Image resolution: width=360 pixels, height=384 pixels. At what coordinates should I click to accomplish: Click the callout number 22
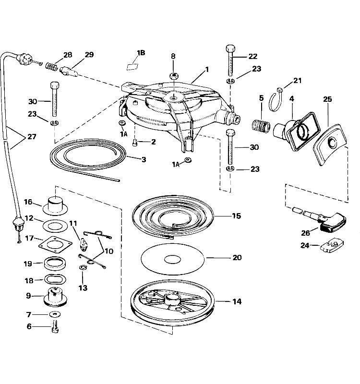click(253, 56)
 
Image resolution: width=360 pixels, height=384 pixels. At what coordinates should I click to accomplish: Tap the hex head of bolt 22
click(230, 48)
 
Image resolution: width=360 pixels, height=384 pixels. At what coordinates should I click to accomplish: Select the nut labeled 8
click(174, 75)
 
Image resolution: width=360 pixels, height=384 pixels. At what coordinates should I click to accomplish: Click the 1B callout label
click(141, 53)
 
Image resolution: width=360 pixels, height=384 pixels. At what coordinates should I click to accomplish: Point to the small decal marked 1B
click(132, 67)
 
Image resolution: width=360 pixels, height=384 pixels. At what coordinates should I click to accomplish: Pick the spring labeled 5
click(261, 125)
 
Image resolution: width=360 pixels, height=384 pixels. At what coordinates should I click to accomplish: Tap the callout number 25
click(327, 99)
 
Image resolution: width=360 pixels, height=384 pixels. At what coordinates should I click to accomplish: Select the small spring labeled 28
click(52, 66)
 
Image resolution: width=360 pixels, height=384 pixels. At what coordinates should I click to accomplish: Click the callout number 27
click(32, 136)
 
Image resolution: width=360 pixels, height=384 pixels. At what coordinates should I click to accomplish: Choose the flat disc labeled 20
click(173, 259)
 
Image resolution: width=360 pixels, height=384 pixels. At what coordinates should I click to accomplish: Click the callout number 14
click(237, 301)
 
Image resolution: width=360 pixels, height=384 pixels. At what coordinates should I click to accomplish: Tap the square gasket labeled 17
click(55, 244)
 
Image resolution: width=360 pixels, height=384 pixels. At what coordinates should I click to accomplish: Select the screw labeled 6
click(55, 327)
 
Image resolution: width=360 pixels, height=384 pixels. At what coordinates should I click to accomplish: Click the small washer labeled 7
click(55, 314)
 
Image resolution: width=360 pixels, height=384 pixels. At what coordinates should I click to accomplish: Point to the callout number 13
click(83, 288)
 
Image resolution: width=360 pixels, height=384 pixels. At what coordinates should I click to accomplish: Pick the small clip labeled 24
click(332, 246)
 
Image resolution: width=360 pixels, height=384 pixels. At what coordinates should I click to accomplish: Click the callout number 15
click(236, 216)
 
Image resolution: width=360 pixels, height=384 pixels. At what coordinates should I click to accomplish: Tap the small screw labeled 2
click(135, 143)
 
